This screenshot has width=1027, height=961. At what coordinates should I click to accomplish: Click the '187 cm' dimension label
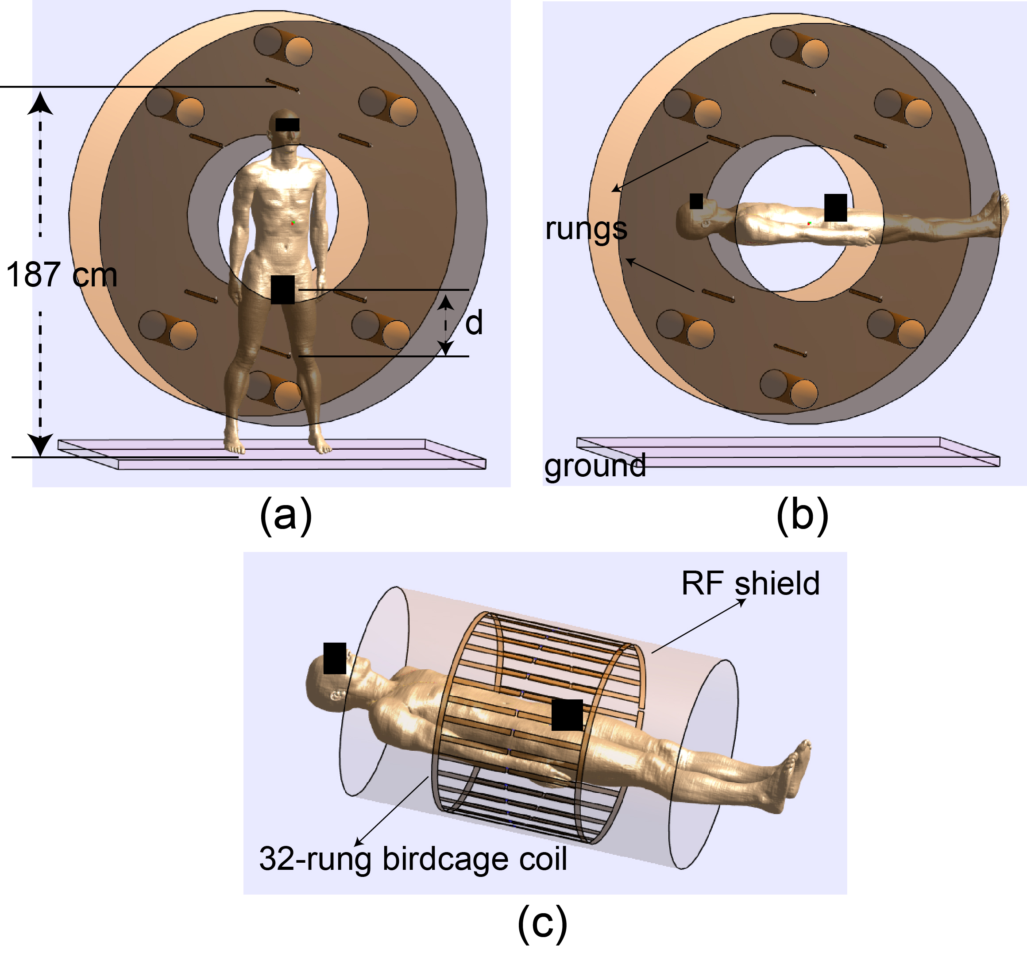pos(62,274)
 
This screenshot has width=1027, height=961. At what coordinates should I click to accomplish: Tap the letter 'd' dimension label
pos(474,323)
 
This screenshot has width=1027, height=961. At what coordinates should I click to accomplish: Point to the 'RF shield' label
pos(750,583)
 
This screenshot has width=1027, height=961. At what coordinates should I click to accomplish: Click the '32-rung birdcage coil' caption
pos(413,859)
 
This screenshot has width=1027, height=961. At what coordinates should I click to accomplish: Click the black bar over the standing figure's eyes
pos(287,124)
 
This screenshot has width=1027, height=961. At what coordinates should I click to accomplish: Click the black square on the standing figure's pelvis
pos(282,289)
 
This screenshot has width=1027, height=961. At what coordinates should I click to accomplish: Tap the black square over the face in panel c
pos(335,658)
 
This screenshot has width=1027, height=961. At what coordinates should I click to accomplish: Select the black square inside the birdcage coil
pos(567,715)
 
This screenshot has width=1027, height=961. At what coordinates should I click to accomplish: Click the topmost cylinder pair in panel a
pos(283,46)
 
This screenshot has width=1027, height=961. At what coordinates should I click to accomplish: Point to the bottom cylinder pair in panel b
pos(789,389)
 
